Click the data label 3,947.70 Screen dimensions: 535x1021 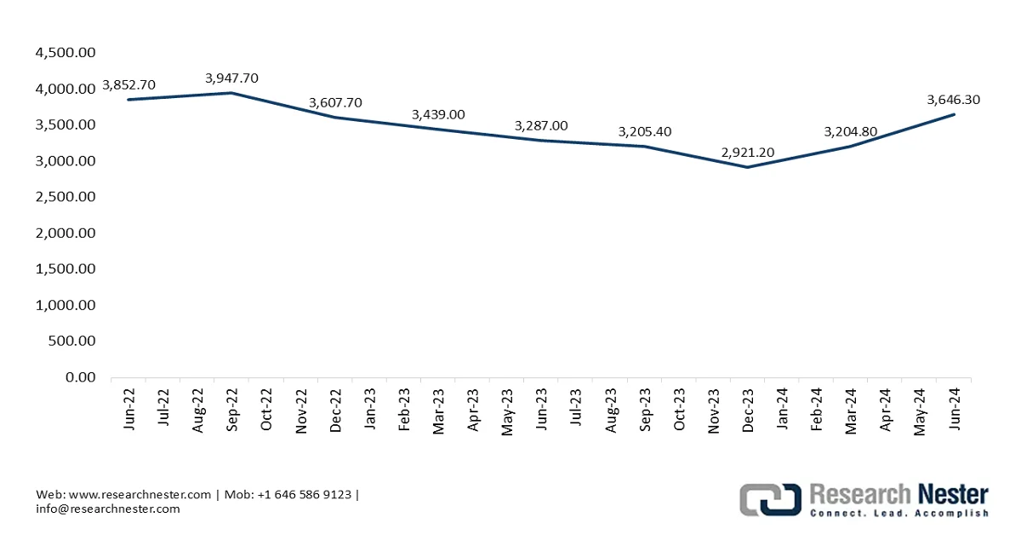231,78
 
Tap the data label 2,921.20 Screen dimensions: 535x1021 748,152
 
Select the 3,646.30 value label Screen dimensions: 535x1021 954,100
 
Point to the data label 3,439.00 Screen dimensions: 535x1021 438,114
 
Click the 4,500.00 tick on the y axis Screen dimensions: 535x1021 66,53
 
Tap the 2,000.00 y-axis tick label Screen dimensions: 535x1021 66,233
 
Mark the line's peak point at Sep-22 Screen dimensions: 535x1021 232,93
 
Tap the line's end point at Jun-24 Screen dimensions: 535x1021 954,114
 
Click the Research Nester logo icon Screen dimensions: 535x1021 770,499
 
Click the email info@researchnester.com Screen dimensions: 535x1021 108,509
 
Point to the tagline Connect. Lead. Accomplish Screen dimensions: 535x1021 898,514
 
